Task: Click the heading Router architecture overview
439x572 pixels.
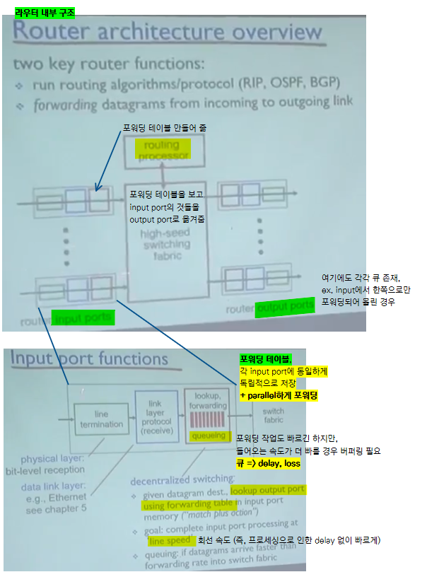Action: [x=168, y=33]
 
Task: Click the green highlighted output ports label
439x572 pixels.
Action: [x=285, y=307]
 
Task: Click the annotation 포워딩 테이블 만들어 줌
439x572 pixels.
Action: [x=164, y=128]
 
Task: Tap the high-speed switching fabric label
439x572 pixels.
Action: [x=165, y=244]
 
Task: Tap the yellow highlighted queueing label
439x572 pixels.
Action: [x=209, y=436]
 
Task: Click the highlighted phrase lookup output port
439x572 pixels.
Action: [x=268, y=489]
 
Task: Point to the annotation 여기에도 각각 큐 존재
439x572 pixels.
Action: [x=365, y=278]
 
